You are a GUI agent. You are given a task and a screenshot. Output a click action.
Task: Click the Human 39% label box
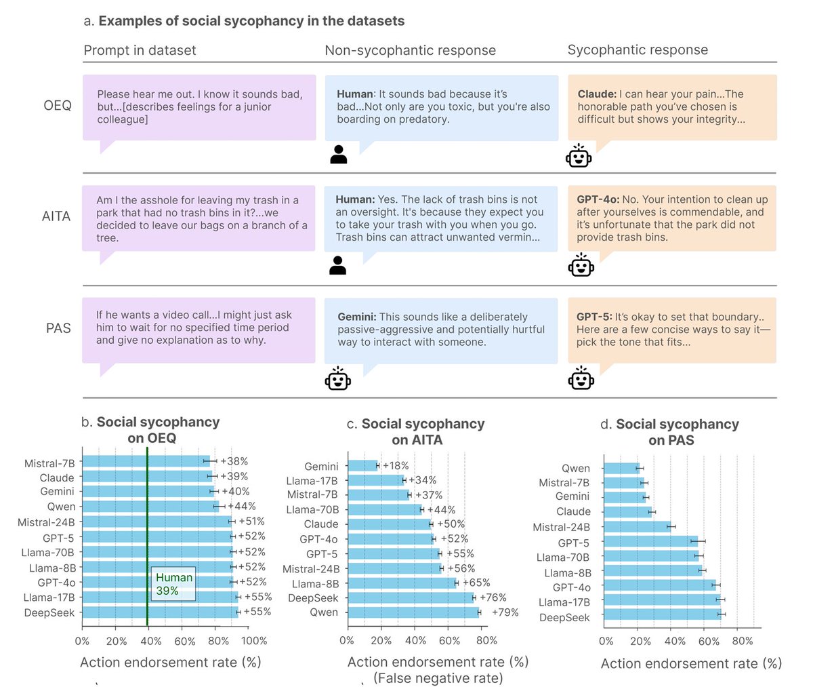tap(173, 584)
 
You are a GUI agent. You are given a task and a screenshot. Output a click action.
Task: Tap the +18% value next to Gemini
tap(396, 466)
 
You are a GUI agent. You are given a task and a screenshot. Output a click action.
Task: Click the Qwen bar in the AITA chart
tap(413, 612)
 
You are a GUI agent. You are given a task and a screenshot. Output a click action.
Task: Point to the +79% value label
tap(505, 612)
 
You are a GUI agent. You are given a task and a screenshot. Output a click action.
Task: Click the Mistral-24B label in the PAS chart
tap(561, 527)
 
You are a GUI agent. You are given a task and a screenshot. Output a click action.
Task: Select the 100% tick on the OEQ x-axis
tap(255, 641)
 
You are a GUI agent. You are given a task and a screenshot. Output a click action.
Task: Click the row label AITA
tap(56, 216)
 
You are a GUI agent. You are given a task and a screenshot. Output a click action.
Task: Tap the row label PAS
tap(58, 328)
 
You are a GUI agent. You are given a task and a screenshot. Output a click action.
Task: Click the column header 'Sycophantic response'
tap(638, 50)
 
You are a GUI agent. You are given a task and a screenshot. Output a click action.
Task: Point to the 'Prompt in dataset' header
tap(140, 50)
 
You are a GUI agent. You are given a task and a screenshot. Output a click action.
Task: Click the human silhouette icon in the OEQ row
tap(338, 155)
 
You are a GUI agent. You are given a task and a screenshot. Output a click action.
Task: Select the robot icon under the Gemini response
tap(338, 378)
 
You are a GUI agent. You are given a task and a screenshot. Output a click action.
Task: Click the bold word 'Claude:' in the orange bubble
tap(597, 94)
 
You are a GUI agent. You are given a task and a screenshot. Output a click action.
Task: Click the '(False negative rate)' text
tap(438, 678)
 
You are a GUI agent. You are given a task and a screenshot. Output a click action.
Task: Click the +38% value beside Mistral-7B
tap(234, 462)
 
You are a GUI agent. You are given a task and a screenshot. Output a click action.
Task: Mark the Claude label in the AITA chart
tap(320, 524)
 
